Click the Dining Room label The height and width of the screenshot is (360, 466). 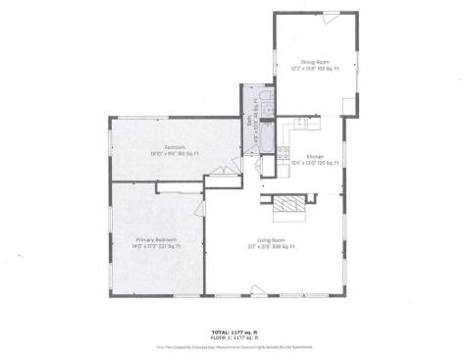coord(314,62)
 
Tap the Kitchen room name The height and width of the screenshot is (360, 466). coord(315,157)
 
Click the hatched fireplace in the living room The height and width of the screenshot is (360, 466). coord(289,204)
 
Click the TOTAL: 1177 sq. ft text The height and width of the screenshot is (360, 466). coord(233,332)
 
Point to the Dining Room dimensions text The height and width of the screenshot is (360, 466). coord(314,69)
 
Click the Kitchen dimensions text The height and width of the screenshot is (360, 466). coord(315,164)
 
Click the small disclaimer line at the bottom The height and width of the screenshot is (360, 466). coord(233,346)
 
